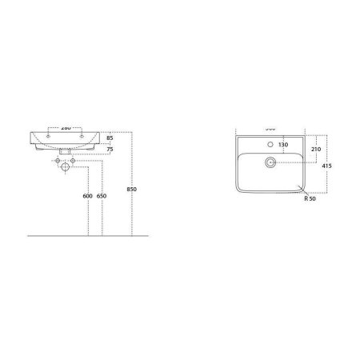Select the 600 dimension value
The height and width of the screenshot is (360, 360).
point(87,197)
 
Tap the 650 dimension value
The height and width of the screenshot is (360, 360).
point(102,197)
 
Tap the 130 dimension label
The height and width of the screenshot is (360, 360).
point(282,145)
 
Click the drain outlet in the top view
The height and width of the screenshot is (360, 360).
point(273,162)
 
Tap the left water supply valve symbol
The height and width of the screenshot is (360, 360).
point(54,162)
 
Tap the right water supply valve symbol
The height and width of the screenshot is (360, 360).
point(75,162)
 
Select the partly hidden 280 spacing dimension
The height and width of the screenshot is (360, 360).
point(64,128)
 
